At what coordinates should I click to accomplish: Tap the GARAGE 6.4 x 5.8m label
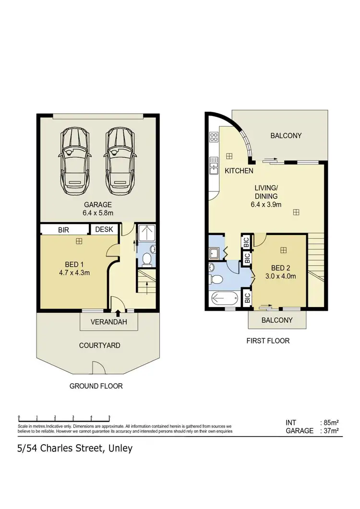pyautogui.click(x=98, y=209)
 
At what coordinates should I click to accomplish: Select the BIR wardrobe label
pyautogui.click(x=64, y=230)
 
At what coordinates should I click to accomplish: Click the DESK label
pyautogui.click(x=104, y=230)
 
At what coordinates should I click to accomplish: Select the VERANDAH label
pyautogui.click(x=109, y=322)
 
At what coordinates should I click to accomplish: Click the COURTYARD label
pyautogui.click(x=100, y=345)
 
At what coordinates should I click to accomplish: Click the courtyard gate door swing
pyautogui.click(x=99, y=368)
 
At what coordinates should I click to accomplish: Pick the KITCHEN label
pyautogui.click(x=239, y=171)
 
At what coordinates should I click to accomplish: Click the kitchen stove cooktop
pyautogui.click(x=214, y=138)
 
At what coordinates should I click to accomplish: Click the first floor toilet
pyautogui.click(x=216, y=280)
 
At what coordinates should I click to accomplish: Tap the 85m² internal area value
pyautogui.click(x=331, y=423)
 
